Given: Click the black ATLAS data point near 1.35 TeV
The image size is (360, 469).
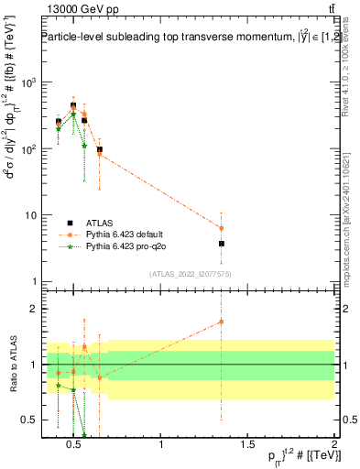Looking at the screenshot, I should pos(222,244).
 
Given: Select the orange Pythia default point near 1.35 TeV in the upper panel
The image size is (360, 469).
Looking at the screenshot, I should pos(222,228).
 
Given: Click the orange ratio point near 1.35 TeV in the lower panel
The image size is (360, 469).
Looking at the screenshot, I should pos(222,322).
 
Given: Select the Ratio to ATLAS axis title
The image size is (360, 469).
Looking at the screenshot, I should pos(11,364).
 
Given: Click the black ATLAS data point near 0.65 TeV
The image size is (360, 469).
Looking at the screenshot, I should pos(100,149).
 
